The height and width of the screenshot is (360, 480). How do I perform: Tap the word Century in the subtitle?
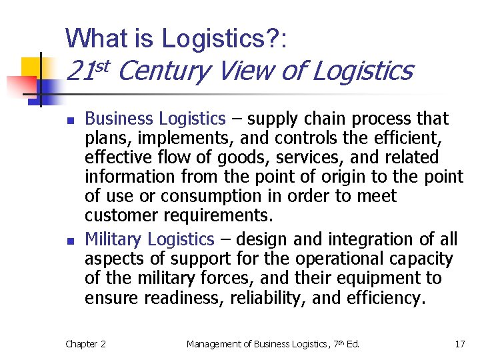167,70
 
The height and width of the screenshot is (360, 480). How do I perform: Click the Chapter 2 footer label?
85,344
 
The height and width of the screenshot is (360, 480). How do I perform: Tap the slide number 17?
459,344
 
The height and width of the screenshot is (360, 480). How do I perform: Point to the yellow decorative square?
31,67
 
